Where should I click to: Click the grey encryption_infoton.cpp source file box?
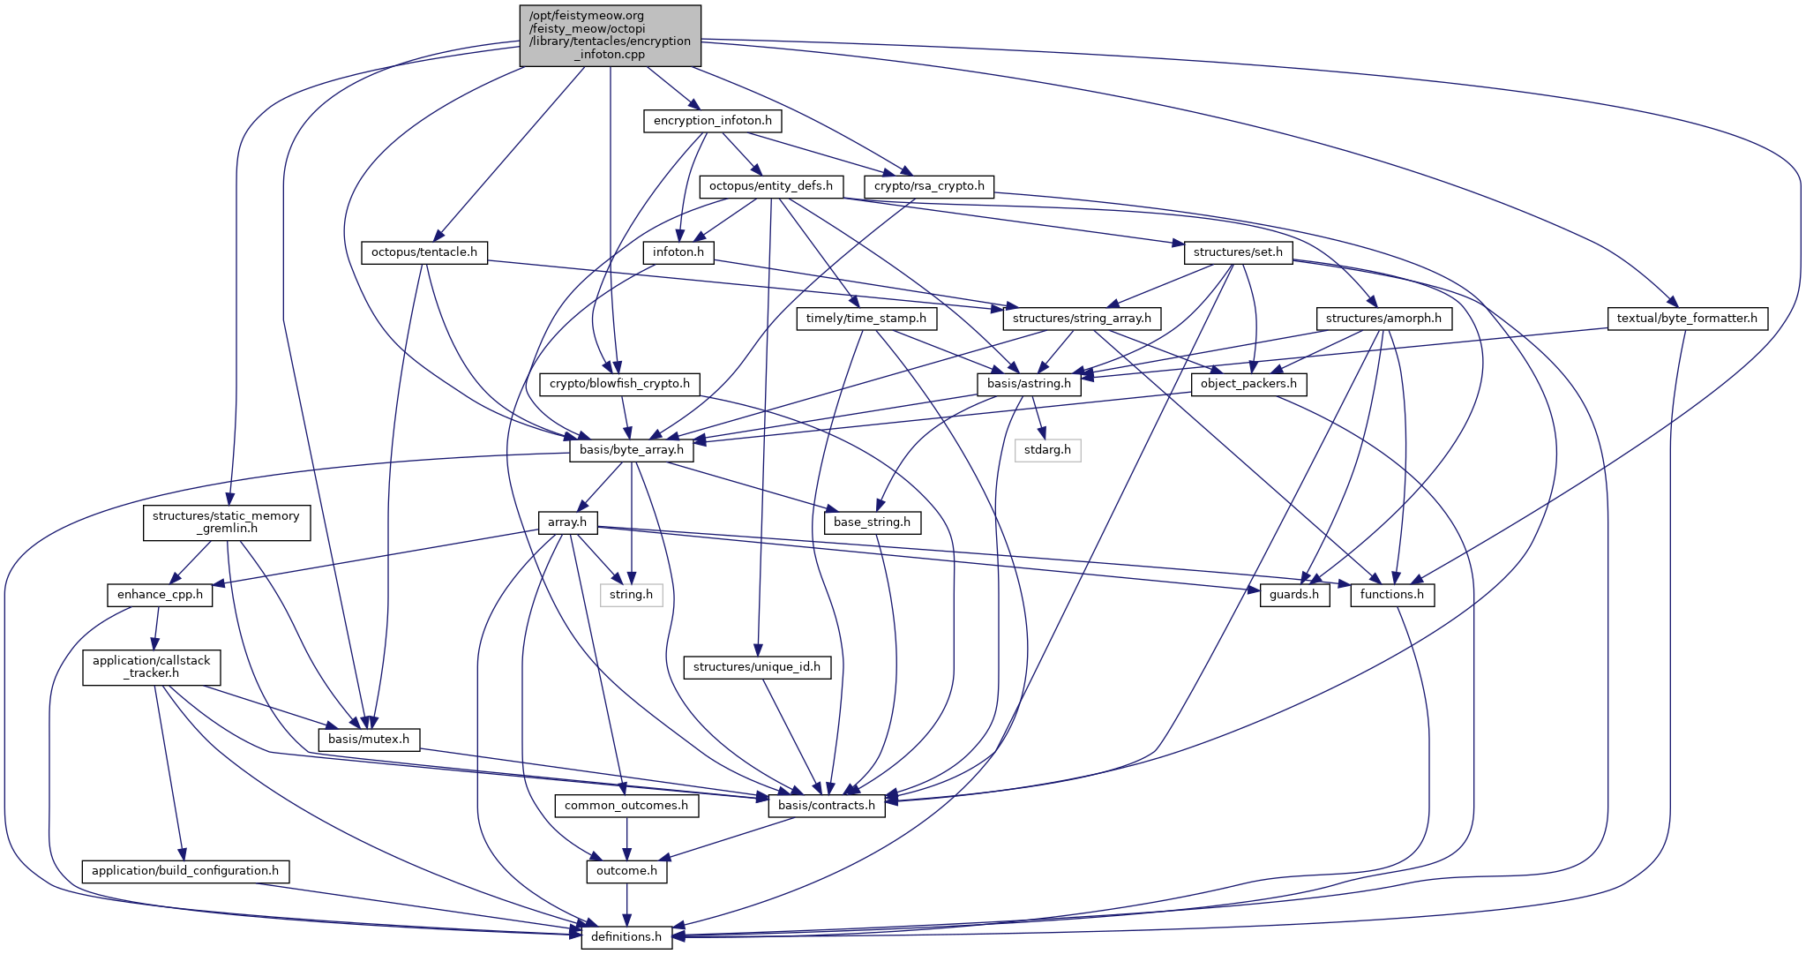click(610, 35)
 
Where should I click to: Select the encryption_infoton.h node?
click(712, 120)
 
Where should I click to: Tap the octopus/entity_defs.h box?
click(770, 186)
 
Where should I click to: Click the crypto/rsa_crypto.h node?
click(930, 186)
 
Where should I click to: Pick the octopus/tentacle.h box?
click(424, 252)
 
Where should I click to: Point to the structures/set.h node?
click(1238, 252)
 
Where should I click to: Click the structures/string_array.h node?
click(1082, 319)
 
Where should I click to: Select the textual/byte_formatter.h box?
click(1687, 319)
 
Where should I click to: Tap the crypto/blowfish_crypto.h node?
click(619, 384)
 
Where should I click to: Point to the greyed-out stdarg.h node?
click(1047, 450)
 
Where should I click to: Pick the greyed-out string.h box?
click(632, 595)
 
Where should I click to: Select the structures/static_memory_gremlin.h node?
click(226, 522)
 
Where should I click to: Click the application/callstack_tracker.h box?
click(152, 667)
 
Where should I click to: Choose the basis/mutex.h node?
click(369, 739)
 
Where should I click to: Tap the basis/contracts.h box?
click(827, 805)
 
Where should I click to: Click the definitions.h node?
click(626, 936)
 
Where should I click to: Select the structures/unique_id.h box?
click(757, 667)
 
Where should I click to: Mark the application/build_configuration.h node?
click(185, 871)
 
